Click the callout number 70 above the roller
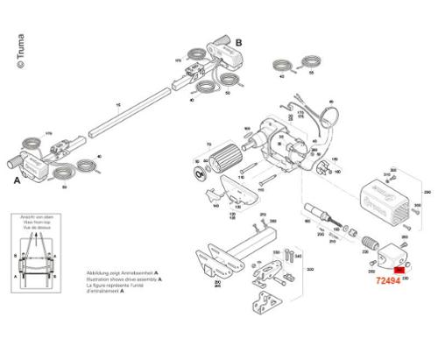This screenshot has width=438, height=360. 208,143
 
